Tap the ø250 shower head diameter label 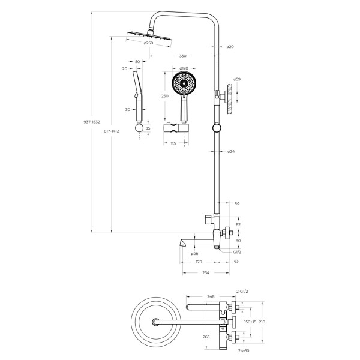[148, 43]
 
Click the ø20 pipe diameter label [230, 46]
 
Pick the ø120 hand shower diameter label [184, 69]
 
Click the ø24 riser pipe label [231, 151]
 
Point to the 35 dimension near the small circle [148, 128]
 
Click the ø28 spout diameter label [194, 254]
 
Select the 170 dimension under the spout [198, 262]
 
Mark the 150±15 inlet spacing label [250, 322]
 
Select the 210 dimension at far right [262, 322]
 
